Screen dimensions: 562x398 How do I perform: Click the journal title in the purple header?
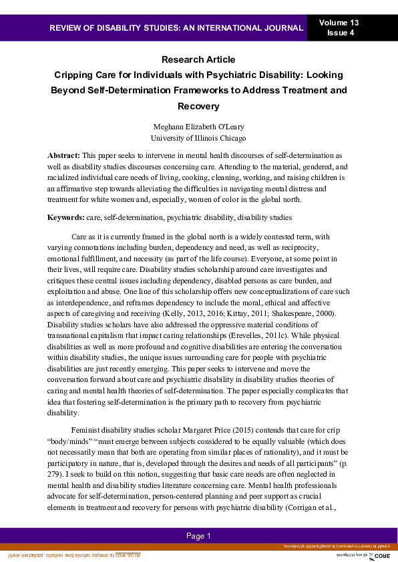[176, 28]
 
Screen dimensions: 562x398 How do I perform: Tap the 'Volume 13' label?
[339, 23]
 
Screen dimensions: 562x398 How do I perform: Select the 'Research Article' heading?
[198, 59]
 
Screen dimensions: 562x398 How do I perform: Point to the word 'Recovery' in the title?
[198, 106]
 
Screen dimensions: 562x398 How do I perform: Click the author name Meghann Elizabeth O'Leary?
[198, 127]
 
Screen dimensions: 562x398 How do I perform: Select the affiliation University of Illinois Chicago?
[198, 138]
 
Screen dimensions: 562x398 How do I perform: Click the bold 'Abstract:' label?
[63, 155]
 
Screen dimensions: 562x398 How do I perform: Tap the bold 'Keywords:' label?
[65, 217]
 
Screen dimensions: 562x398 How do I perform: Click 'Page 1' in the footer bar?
[198, 536]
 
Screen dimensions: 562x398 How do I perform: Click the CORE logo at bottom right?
[381, 555]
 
